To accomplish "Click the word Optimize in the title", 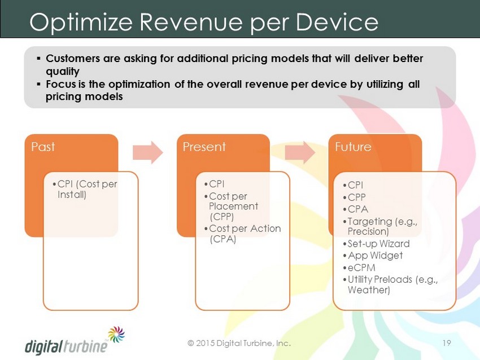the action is tap(81, 23).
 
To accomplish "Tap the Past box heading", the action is tap(43, 147).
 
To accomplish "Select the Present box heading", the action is tap(204, 147).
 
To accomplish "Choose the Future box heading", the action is tap(353, 147).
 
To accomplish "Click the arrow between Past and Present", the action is tap(148, 152).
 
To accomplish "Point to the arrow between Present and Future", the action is tap(300, 152).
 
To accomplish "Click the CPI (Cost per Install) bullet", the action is tap(85, 190).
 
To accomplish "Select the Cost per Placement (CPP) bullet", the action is tap(231, 207).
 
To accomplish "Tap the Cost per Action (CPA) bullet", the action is tap(242, 234).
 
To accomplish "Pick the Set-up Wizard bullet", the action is tap(376, 243).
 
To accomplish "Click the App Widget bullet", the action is tap(373, 256).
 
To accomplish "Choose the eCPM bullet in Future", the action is tap(359, 267).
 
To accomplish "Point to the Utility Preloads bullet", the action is tap(391, 284).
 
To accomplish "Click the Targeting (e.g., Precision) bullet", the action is tap(380, 226).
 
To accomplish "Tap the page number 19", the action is tap(447, 343).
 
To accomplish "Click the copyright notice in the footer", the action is tap(239, 343).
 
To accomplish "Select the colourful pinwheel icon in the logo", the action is tap(117, 334).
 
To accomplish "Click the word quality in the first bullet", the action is tap(63, 72).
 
